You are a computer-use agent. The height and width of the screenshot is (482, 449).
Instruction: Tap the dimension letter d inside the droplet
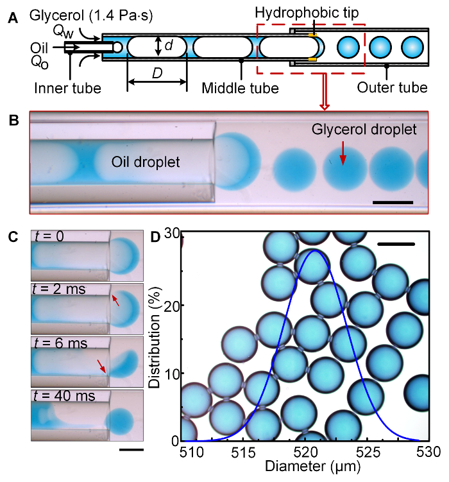[168, 46]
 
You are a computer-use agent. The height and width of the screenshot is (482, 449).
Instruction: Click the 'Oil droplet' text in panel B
[145, 162]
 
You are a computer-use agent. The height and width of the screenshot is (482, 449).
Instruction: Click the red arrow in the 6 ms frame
[101, 366]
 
